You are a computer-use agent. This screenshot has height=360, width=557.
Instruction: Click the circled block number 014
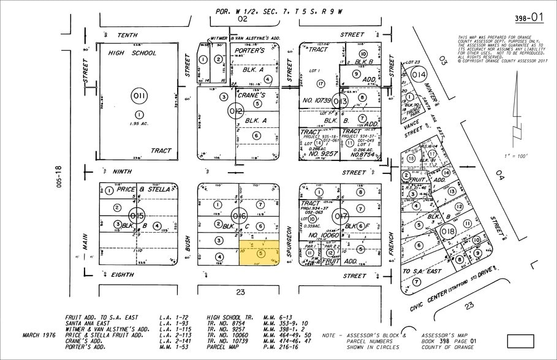[x=419, y=75]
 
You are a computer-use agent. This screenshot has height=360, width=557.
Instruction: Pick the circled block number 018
[x=447, y=231]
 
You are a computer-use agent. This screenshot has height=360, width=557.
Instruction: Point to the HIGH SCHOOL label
[x=132, y=53]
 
